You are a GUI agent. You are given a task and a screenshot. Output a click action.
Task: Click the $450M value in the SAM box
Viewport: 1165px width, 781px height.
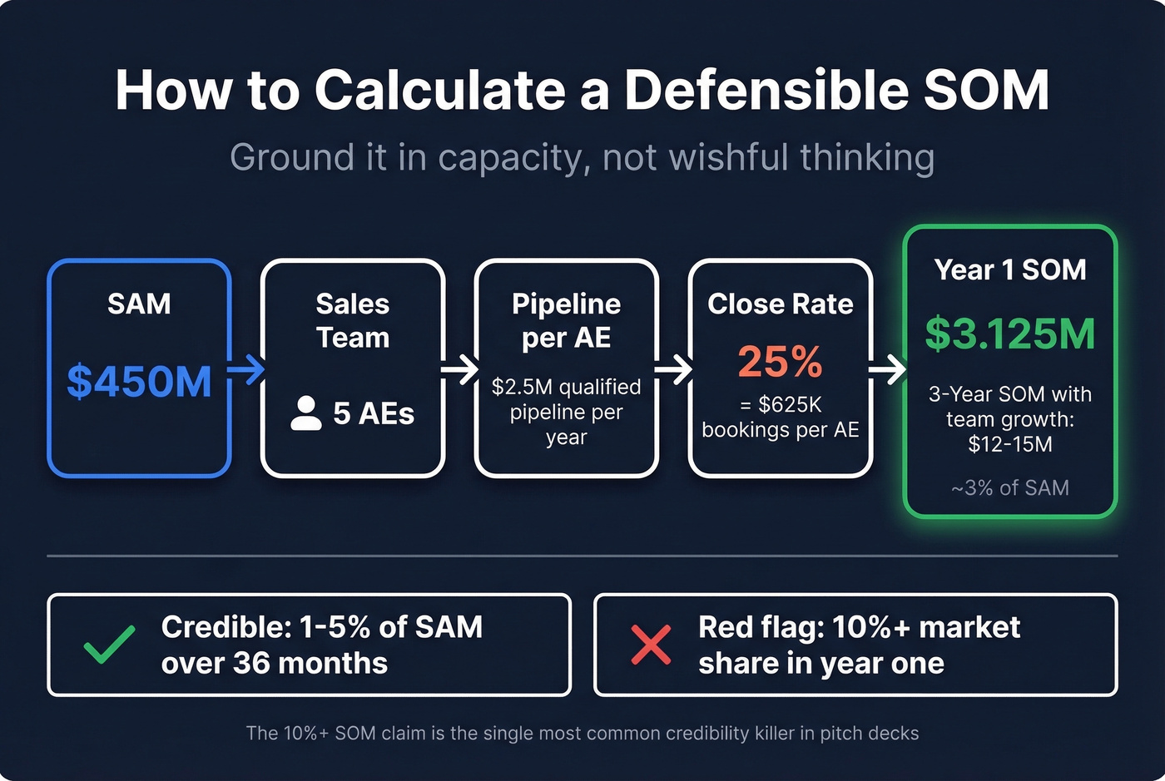tap(139, 381)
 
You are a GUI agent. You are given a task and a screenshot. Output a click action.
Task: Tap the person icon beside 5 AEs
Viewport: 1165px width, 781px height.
tap(306, 413)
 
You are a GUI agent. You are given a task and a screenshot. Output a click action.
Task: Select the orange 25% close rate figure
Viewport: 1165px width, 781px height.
tap(780, 362)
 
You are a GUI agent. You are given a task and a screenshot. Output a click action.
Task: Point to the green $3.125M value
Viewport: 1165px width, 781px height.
tap(1009, 334)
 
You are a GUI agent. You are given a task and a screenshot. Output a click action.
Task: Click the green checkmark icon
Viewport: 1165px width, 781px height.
tap(110, 645)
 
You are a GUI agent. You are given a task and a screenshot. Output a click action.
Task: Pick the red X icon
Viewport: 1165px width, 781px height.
tap(651, 645)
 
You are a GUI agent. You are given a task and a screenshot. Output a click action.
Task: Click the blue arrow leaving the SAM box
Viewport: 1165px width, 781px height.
tap(246, 369)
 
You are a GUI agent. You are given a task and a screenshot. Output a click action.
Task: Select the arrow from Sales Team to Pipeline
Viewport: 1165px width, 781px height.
tap(460, 369)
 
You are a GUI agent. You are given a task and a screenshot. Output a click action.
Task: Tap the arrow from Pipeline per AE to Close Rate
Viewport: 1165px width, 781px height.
tap(674, 369)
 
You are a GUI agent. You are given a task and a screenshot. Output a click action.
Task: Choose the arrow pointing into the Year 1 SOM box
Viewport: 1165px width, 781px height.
tap(888, 369)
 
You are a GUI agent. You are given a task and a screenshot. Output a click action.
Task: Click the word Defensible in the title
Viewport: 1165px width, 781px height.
tap(766, 90)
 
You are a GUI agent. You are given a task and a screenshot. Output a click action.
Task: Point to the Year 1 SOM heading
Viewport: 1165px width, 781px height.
tap(1009, 269)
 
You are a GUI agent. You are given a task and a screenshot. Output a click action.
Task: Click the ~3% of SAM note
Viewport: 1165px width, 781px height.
tap(1009, 487)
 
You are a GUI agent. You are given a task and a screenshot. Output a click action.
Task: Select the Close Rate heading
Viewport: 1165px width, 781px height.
tap(780, 304)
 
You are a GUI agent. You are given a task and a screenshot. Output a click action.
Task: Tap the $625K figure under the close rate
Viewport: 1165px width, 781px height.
tap(790, 405)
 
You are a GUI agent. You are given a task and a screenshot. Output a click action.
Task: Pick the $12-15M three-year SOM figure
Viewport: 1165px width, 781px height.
tap(1009, 444)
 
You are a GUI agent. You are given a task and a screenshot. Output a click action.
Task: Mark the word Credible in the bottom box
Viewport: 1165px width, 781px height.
tap(219, 627)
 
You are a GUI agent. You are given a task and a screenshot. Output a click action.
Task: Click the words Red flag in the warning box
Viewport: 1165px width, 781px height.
tap(758, 627)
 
